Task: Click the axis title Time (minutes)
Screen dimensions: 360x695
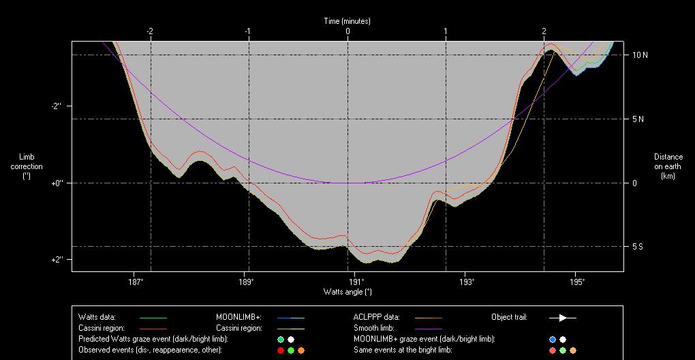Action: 347,21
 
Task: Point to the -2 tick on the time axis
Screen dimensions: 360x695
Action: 150,31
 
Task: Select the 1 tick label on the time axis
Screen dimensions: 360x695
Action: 446,31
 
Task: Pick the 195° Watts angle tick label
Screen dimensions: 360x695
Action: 576,281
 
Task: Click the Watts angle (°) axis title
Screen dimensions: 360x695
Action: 347,292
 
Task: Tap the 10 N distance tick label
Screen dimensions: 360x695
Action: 639,55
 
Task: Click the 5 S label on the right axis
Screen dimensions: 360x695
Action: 638,247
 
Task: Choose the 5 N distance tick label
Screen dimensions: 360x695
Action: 638,119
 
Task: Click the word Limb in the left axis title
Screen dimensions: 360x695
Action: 26,157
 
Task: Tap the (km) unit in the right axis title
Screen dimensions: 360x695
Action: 668,176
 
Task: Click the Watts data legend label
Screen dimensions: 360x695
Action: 97,317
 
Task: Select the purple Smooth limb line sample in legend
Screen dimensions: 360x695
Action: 428,328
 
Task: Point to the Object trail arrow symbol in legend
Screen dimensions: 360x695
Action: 563,317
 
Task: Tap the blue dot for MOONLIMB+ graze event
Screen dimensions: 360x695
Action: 553,339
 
